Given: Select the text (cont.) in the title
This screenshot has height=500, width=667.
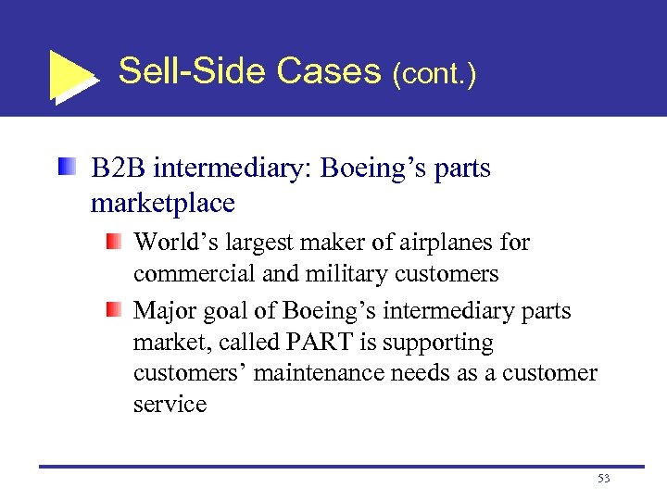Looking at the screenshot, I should coord(434,73).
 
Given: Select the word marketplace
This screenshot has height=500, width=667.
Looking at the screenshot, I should coord(163,202).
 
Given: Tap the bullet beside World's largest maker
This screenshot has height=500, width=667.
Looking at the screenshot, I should coord(113,242).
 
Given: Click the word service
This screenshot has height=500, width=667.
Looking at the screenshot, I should coord(170,405).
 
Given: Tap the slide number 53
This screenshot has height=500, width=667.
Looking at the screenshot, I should coord(604,478).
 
